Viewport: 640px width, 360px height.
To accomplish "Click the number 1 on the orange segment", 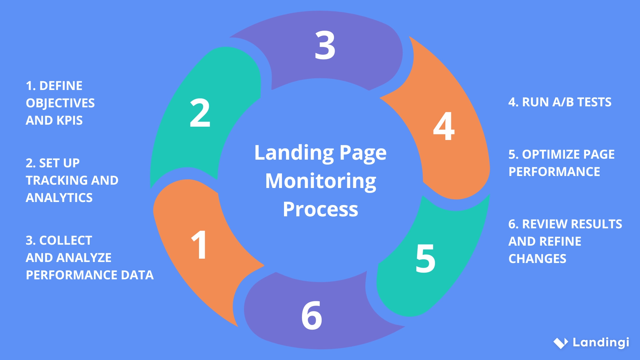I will pos(199,245).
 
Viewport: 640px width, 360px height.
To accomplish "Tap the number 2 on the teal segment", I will pos(200,113).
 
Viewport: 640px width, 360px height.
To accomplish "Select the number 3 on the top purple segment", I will pos(325,45).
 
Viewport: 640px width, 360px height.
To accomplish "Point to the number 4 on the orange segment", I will pos(444,126).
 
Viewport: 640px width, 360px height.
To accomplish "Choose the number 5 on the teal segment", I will pos(426,259).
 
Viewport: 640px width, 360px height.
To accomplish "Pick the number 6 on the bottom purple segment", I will pos(312,316).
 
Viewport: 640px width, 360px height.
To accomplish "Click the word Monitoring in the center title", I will pos(321,181).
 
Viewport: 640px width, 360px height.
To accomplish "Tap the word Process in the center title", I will pos(320,210).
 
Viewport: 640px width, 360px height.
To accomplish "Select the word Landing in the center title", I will pos(294,153).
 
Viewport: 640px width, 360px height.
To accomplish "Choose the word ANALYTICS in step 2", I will pos(59,198).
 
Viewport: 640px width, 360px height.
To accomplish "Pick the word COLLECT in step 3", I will pos(66,240).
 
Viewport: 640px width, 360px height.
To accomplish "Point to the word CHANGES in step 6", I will pos(537,259).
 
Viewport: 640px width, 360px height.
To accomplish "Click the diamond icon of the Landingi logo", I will pos(561,343).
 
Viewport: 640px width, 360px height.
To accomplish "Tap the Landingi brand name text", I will pos(601,342).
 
